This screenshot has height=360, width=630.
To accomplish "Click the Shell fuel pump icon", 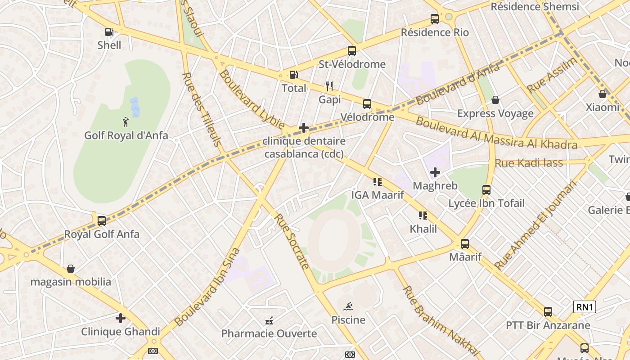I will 109,31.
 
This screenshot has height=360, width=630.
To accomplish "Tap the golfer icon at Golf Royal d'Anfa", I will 126,121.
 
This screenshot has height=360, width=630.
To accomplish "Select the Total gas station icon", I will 293,75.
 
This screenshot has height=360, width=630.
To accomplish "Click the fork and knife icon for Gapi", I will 329,86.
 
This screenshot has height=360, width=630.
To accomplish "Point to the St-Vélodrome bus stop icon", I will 352,51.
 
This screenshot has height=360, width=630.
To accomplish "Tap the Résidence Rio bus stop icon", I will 435,19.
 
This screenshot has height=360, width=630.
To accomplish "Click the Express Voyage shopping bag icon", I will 495,100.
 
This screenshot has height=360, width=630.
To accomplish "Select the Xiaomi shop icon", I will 603,94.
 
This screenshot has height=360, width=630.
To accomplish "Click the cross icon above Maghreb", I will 435,172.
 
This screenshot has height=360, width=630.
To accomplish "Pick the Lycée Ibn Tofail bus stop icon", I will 486,190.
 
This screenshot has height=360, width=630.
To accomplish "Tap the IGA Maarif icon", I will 378,182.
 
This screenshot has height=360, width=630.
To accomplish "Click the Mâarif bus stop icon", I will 465,244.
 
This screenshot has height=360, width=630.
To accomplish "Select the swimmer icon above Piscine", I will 348,307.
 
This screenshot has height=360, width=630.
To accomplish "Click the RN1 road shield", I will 585,307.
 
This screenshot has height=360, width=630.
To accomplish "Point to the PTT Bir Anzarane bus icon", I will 548,311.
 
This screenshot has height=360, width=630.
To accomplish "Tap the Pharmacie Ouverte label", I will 269,333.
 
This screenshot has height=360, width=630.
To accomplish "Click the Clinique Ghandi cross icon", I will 121,318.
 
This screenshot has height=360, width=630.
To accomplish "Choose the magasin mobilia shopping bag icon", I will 71,269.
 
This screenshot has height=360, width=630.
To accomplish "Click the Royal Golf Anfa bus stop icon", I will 102,220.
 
